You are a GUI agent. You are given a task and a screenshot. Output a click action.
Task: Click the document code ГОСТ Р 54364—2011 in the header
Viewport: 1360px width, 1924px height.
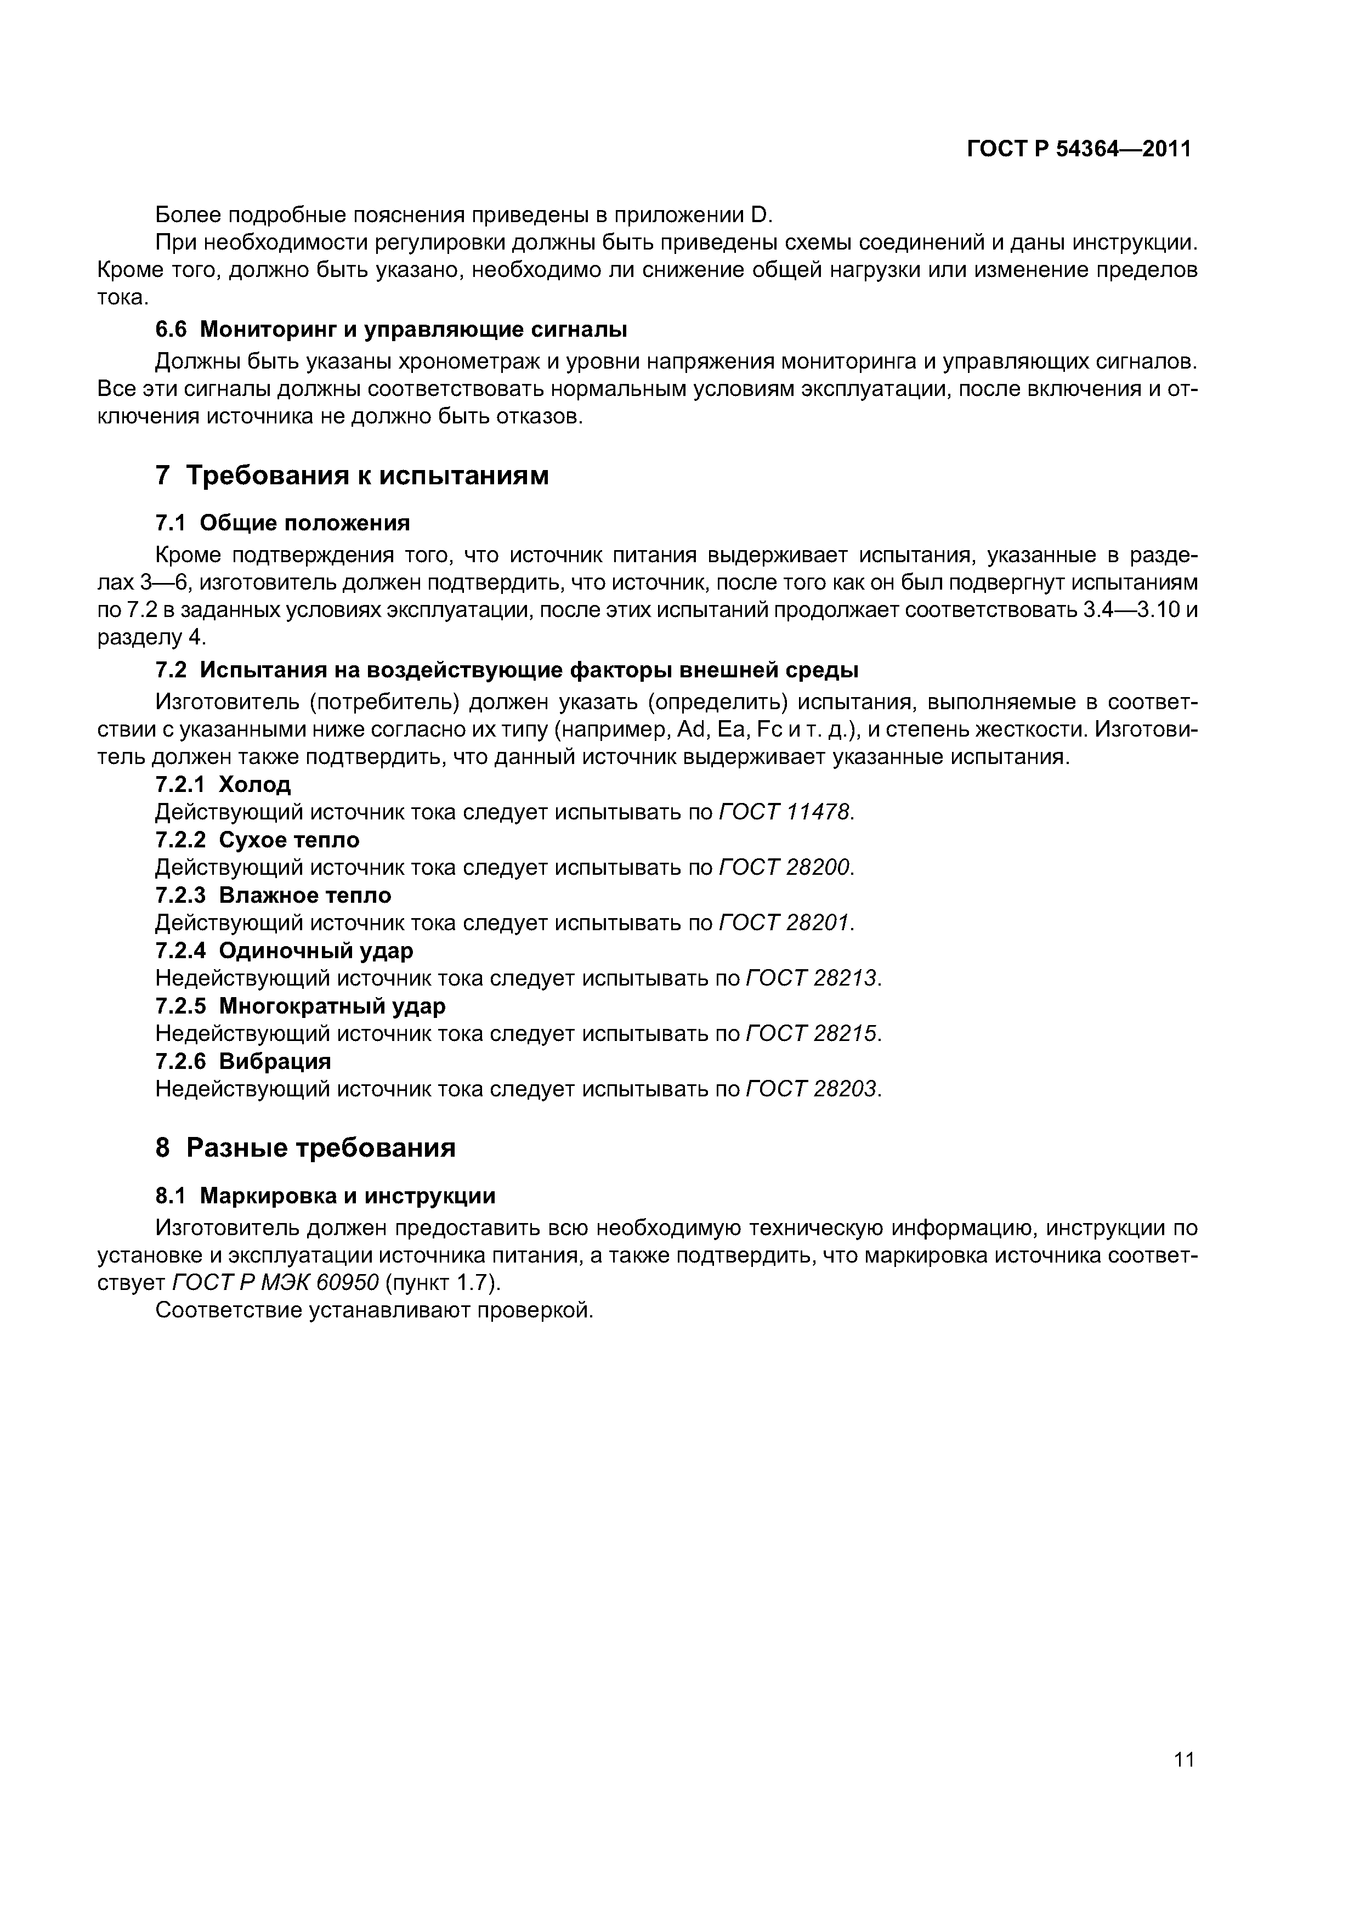pyautogui.click(x=1079, y=149)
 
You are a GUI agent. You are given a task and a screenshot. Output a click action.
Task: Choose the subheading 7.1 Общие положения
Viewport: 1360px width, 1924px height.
pyautogui.click(x=282, y=524)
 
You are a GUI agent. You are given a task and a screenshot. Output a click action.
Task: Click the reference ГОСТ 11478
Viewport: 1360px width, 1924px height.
pyautogui.click(x=785, y=812)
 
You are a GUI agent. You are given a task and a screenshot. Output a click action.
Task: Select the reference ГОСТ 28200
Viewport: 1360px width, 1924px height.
pyautogui.click(x=785, y=867)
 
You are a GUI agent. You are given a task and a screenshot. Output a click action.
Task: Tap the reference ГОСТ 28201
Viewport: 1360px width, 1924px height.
pyautogui.click(x=785, y=923)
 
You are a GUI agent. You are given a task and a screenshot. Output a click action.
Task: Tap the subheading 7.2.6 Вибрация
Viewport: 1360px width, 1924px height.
pyautogui.click(x=243, y=1062)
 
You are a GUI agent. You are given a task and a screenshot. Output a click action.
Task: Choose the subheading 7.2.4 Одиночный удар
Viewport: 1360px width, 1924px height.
pyautogui.click(x=284, y=951)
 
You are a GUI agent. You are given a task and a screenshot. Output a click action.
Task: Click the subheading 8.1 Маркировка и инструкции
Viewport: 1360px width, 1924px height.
pyautogui.click(x=325, y=1196)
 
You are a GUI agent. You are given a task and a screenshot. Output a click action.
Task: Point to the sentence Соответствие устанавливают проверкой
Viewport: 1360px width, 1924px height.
pyautogui.click(x=375, y=1311)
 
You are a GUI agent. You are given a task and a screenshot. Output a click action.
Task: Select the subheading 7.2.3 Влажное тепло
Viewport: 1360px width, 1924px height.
pyautogui.click(x=273, y=896)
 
